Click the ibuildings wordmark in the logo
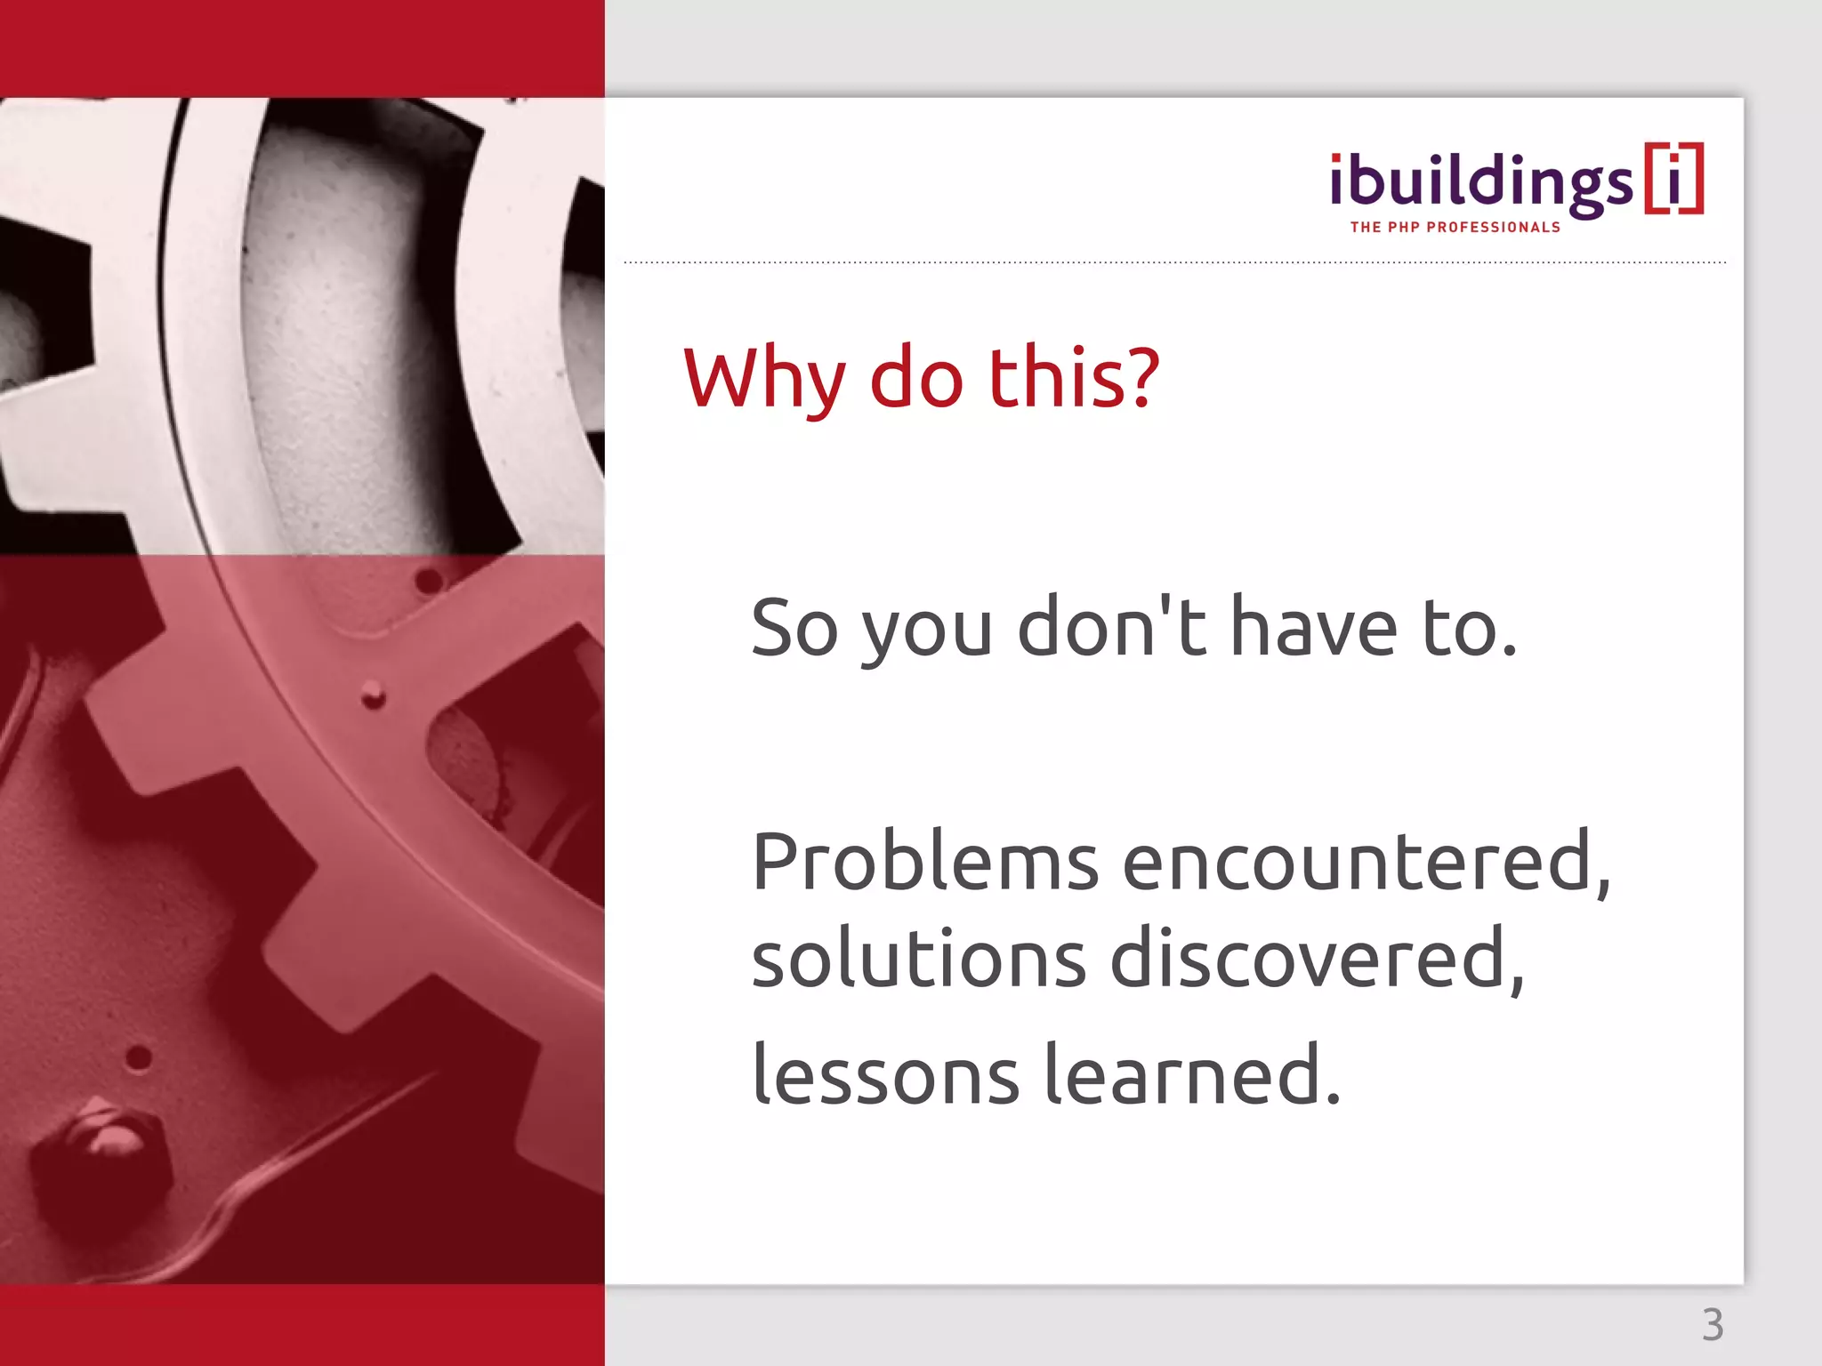1480,183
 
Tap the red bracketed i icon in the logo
1673,178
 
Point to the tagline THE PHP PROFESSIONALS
1455,228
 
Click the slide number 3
1713,1325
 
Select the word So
794,628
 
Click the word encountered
1366,863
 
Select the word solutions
919,960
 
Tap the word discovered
1317,960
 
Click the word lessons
885,1076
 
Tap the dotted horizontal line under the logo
1174,262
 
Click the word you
926,633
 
